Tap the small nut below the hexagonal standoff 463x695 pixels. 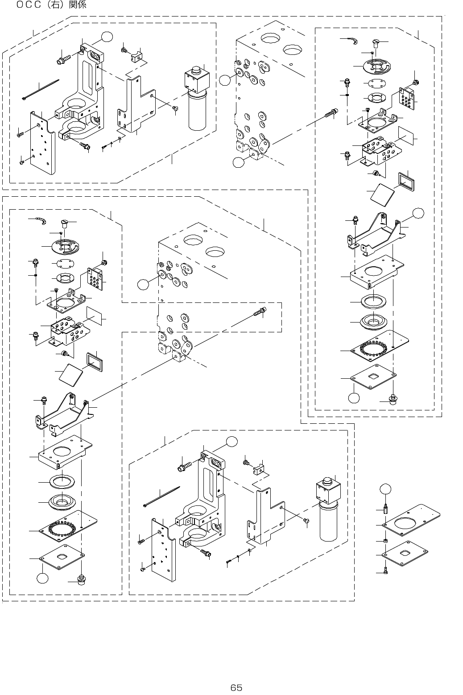(385, 541)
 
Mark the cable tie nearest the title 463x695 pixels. (40, 90)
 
